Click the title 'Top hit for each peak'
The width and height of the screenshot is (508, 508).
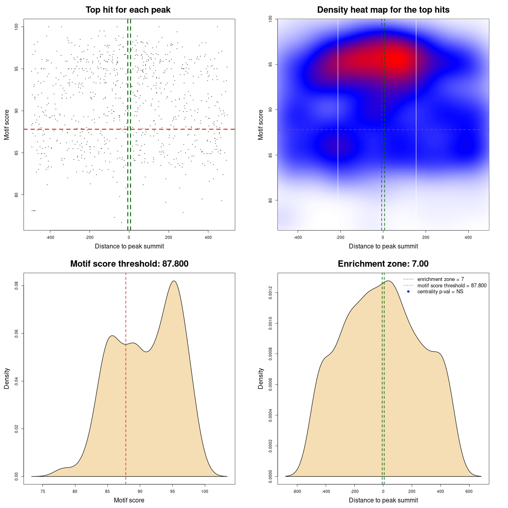click(128, 10)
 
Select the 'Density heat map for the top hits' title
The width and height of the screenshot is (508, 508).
click(383, 10)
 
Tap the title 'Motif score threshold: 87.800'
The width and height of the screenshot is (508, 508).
click(129, 264)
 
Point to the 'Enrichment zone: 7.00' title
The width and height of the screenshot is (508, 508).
click(383, 264)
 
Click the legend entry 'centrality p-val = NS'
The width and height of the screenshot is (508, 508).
click(440, 292)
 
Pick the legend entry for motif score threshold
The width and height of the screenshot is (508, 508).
click(452, 286)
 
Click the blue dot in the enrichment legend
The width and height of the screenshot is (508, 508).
click(408, 292)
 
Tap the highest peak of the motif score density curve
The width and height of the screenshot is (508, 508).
click(173, 281)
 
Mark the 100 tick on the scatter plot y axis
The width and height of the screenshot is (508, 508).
click(16, 27)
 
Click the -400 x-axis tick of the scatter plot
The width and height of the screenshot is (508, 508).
click(50, 238)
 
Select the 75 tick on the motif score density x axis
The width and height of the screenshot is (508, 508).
click(43, 492)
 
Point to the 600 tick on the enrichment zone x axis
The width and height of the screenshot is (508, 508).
click(470, 492)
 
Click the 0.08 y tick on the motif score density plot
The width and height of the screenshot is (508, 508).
click(16, 286)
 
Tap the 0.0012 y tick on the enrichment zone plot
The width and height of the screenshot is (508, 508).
click(270, 293)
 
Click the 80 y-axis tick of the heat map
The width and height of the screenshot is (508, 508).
click(270, 200)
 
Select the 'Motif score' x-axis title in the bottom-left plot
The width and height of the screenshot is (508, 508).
click(129, 500)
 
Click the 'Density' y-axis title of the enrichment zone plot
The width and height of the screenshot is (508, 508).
click(261, 378)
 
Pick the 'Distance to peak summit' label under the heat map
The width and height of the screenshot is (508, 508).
click(383, 246)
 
